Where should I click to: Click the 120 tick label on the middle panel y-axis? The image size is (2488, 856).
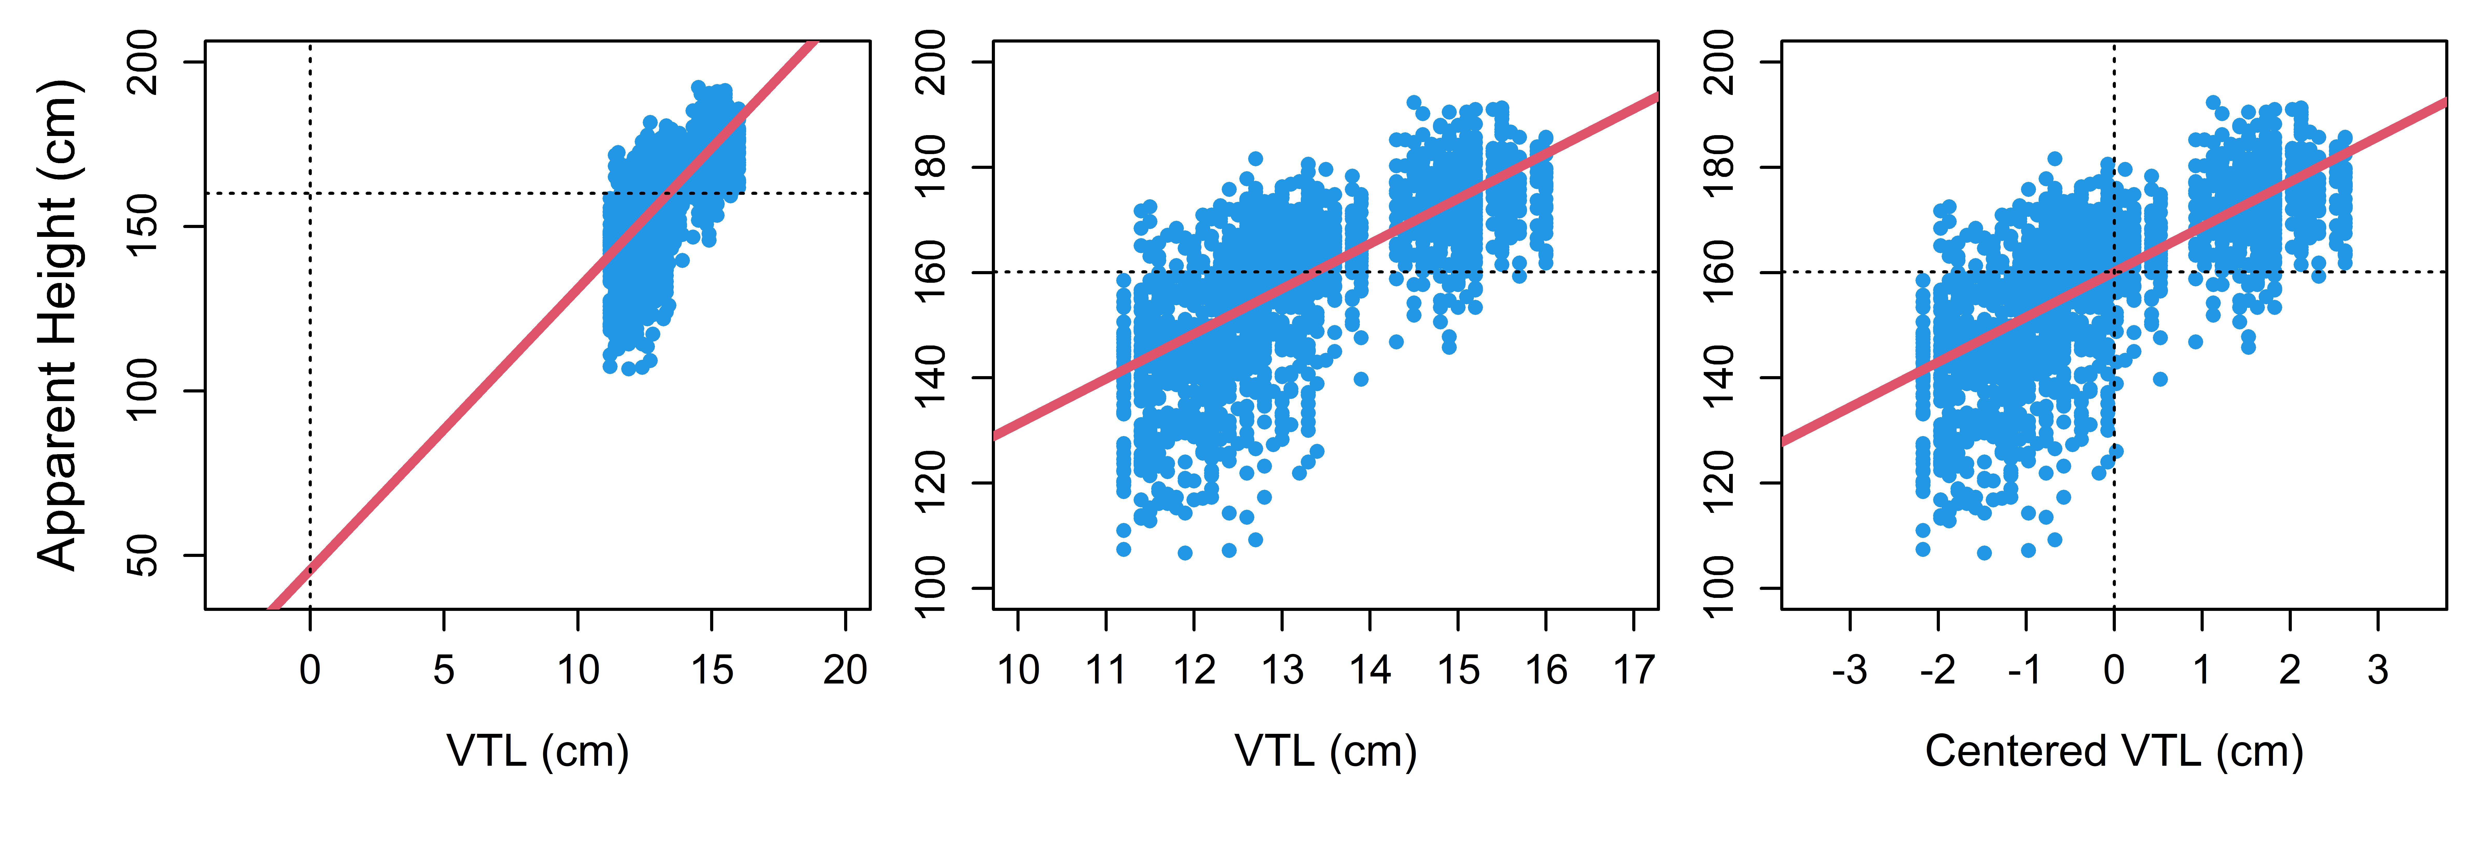(x=931, y=483)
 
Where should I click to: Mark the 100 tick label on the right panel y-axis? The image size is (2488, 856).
(x=1719, y=588)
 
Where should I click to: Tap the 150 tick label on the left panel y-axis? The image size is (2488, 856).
(x=143, y=226)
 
